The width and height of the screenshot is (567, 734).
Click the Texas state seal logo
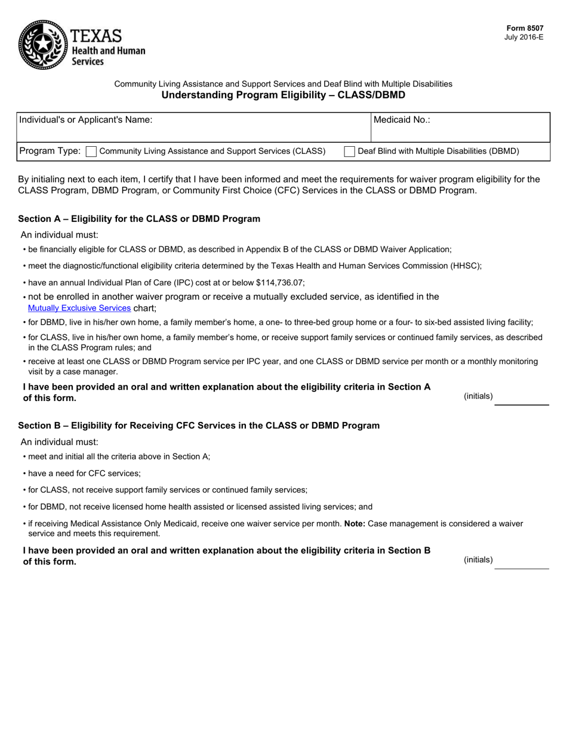pyautogui.click(x=43, y=45)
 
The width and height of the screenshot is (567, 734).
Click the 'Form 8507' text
pyautogui.click(x=525, y=28)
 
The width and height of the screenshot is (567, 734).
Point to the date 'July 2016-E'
pyautogui.click(x=523, y=37)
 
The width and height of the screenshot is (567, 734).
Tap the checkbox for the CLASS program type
pyautogui.click(x=91, y=152)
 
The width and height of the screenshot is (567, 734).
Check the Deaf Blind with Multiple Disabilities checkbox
pyautogui.click(x=350, y=152)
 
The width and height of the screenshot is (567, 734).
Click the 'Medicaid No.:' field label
pyautogui.click(x=402, y=119)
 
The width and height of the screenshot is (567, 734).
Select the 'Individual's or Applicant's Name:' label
pyautogui.click(x=86, y=119)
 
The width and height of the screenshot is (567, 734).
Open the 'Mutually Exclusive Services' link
pyautogui.click(x=79, y=308)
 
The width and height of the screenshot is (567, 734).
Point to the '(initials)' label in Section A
pyautogui.click(x=478, y=396)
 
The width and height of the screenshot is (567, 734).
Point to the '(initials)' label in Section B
pyautogui.click(x=478, y=560)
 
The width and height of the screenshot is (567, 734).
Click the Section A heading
pyautogui.click(x=139, y=219)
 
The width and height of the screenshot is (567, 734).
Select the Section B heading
pyautogui.click(x=199, y=425)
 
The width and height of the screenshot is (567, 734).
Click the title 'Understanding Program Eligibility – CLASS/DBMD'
pyautogui.click(x=283, y=95)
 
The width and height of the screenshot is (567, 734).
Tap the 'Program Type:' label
pyautogui.click(x=50, y=152)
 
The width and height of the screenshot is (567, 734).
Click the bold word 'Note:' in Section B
pyautogui.click(x=355, y=523)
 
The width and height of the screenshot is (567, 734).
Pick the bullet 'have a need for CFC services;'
pyautogui.click(x=84, y=473)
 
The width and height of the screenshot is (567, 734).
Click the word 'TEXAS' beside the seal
pyautogui.click(x=96, y=36)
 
